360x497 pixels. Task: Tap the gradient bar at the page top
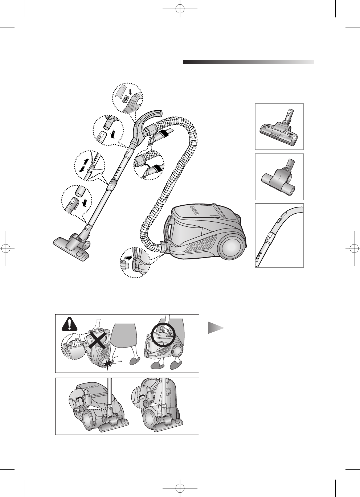click(248, 62)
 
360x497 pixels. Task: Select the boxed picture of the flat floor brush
click(279, 127)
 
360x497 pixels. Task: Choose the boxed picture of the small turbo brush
click(279, 177)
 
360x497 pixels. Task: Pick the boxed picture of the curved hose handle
click(279, 235)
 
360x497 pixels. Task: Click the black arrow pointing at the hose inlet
click(128, 257)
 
